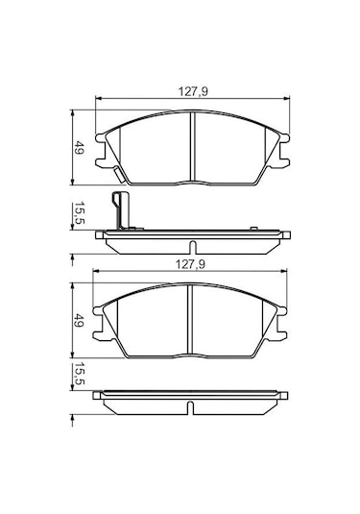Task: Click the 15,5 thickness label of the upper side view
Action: click(81, 214)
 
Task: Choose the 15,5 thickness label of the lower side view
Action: click(81, 377)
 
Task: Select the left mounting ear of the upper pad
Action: click(101, 144)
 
